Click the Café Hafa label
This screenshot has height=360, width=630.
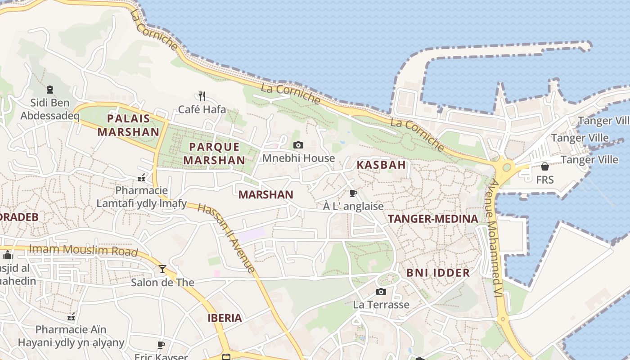[202, 109]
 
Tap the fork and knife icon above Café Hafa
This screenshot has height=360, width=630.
[202, 96]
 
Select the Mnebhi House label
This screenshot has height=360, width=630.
[298, 158]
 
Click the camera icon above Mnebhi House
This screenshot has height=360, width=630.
[298, 145]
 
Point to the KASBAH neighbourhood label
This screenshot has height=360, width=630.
[381, 165]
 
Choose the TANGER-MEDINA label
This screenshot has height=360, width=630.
[433, 219]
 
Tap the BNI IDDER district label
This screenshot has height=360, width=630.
[438, 273]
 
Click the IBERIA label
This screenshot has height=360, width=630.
[225, 318]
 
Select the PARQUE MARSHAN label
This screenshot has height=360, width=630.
[214, 153]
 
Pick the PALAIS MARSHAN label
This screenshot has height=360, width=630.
[128, 125]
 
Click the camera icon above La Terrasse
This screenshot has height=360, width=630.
[381, 292]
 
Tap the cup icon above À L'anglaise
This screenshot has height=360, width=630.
[353, 193]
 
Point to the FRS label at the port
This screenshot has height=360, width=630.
[545, 180]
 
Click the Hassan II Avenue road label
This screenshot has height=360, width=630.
[226, 238]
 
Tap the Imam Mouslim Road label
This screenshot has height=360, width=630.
[83, 250]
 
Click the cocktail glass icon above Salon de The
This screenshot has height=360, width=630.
[162, 269]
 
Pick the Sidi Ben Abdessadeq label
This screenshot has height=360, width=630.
[50, 109]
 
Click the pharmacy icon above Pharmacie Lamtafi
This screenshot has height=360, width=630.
[142, 178]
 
